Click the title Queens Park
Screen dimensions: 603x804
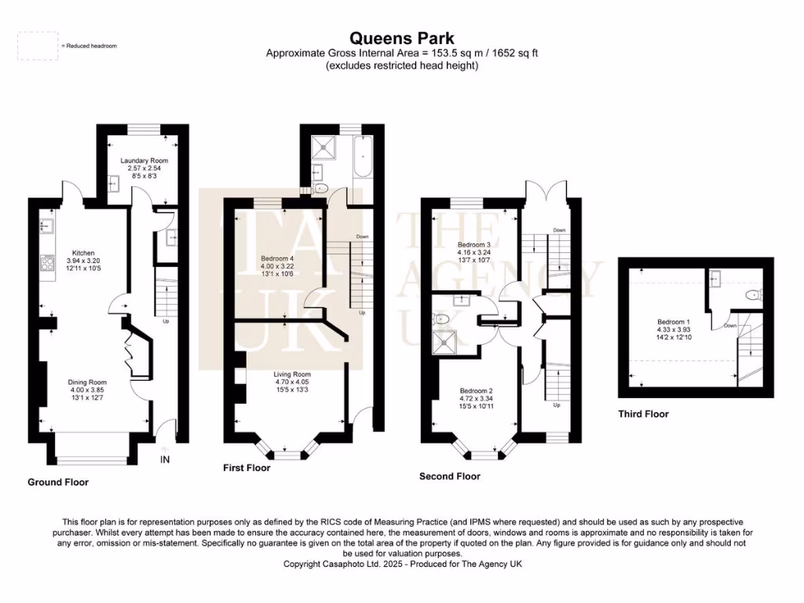(x=401, y=38)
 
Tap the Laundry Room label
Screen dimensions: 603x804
(x=144, y=161)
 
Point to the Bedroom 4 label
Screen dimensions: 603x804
(x=277, y=258)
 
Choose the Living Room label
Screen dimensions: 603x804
(x=292, y=375)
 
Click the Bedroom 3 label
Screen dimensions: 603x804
(x=474, y=245)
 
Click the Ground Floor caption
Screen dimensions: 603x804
(x=58, y=482)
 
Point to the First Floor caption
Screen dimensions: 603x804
(x=247, y=468)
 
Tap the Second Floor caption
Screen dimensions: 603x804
(x=449, y=477)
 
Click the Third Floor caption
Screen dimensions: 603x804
(x=643, y=414)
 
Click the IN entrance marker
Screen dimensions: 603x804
(x=165, y=459)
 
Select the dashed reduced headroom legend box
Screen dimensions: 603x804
(x=38, y=46)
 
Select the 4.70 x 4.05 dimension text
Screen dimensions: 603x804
(x=292, y=382)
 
